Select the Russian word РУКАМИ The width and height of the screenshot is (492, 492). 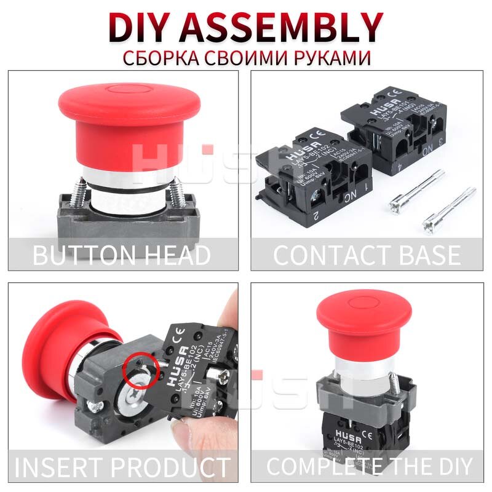(331, 58)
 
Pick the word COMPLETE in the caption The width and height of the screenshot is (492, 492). (330, 466)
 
